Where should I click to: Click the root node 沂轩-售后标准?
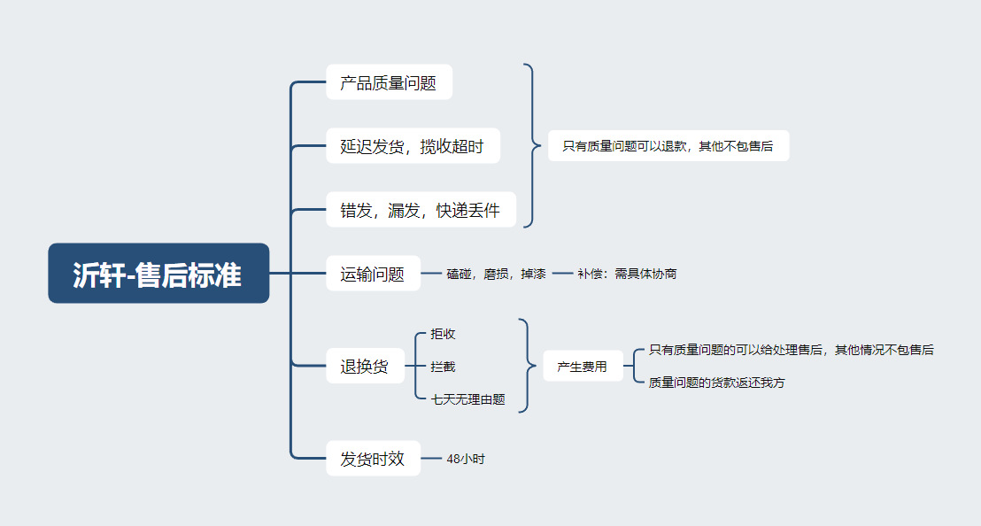(158, 274)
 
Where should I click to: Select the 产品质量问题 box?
(390, 82)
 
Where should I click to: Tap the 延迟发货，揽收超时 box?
(413, 146)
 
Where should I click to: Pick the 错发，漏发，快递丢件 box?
(421, 210)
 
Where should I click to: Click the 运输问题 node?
(373, 274)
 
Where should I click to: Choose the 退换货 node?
(365, 366)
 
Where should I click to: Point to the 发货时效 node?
(373, 459)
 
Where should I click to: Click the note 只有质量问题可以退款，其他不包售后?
(668, 146)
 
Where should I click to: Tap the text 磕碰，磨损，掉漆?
(496, 274)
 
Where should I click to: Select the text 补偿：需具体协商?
(627, 274)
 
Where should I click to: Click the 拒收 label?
(443, 334)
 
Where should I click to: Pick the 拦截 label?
(443, 367)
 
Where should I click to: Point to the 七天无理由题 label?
(468, 399)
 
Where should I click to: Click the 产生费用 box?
(583, 366)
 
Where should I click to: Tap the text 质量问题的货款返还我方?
(717, 383)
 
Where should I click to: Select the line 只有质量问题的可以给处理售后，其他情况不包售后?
(792, 350)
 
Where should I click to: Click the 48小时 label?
(466, 459)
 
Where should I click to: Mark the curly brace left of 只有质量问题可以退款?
(533, 146)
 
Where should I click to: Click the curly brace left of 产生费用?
(529, 366)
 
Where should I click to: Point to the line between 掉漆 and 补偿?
(562, 274)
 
